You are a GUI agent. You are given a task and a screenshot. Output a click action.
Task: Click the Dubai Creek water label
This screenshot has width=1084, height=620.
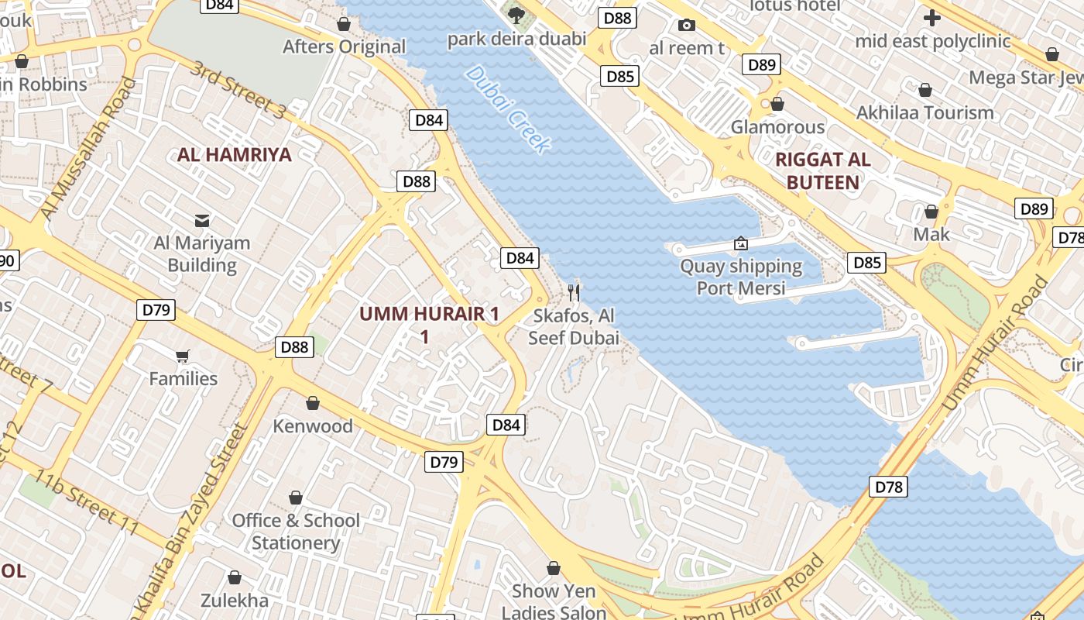(508, 109)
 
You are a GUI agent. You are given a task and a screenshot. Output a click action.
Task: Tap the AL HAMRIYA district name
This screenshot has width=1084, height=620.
(235, 155)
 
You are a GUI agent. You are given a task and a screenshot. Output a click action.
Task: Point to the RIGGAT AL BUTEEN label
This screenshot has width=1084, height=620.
(822, 171)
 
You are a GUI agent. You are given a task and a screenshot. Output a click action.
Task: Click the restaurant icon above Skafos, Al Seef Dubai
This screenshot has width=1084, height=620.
(574, 292)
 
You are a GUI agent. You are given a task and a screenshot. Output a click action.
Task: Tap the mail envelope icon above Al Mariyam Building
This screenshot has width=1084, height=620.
(202, 221)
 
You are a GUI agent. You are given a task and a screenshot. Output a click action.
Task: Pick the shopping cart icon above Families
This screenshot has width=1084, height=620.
(183, 356)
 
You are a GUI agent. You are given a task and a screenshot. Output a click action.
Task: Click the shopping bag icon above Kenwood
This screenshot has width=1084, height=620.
(313, 403)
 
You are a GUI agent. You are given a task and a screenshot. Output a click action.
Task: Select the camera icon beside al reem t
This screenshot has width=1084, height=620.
(686, 26)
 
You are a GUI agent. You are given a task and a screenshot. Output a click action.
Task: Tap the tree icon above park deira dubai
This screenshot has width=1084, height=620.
(516, 14)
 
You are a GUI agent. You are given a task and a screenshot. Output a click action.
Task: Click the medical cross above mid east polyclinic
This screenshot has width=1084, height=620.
(932, 17)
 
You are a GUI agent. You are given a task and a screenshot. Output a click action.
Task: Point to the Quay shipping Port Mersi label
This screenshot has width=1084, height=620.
(741, 277)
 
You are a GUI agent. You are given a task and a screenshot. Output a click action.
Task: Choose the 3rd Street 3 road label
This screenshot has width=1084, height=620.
(238, 90)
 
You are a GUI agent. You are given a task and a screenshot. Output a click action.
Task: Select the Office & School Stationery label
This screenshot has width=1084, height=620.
(296, 531)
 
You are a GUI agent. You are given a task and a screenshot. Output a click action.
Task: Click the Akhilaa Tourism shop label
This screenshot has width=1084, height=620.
(924, 113)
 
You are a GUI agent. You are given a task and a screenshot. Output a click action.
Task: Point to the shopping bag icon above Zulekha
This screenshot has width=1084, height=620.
(235, 578)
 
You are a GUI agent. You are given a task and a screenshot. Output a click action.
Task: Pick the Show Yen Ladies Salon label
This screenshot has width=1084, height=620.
(554, 601)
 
